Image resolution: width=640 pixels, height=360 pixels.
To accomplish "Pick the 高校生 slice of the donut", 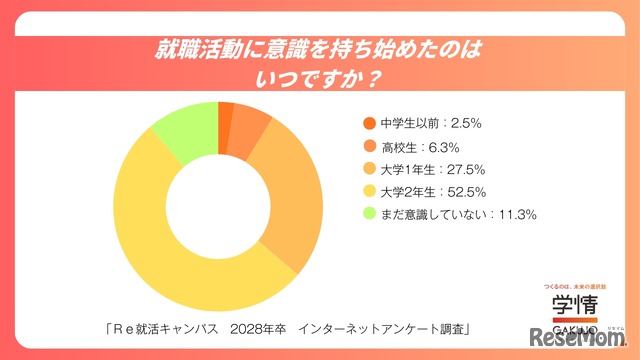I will [x=251, y=125].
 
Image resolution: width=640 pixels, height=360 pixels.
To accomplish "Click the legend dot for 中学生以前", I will [x=368, y=124].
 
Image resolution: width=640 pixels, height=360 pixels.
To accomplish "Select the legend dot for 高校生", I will [x=368, y=146].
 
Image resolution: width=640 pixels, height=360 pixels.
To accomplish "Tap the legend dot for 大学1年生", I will [x=368, y=168].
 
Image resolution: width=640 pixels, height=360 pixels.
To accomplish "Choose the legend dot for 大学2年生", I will [x=368, y=190].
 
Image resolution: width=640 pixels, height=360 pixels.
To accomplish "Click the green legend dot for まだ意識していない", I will [x=368, y=213].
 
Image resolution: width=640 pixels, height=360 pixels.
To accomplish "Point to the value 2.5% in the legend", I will [x=468, y=124].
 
